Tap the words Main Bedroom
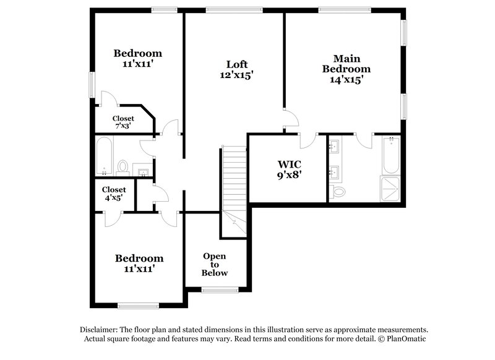346,64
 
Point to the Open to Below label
215,264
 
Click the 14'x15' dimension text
346,79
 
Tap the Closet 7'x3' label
123,122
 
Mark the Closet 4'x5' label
114,194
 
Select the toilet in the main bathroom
338,191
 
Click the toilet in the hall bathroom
123,167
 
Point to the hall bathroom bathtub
105,156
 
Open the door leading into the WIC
306,140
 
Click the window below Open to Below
220,289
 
